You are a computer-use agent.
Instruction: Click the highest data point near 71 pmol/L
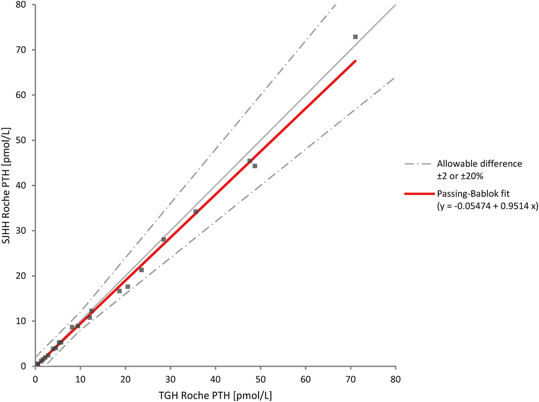pos(355,37)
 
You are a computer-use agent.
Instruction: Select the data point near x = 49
pos(255,166)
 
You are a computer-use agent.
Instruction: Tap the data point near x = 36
pos(196,212)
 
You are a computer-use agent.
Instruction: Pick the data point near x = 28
pos(164,240)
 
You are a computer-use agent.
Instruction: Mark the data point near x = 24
pos(141,270)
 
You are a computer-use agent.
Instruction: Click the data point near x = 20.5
pos(127,287)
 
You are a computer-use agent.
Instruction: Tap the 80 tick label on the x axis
pos(395,380)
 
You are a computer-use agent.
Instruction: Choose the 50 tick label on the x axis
pos(261,380)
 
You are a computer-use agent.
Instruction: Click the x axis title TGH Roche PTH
pos(216,395)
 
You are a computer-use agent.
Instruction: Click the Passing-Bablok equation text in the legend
pos(487,206)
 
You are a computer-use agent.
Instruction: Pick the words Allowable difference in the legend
pos(479,164)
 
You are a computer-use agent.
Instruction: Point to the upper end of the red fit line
pos(355,61)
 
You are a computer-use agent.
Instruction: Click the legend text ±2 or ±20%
pos(460,177)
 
